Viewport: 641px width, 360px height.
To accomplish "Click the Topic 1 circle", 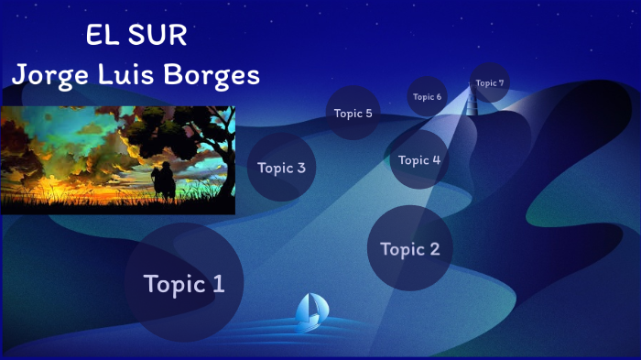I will [x=183, y=283].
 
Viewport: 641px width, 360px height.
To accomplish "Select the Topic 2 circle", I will [x=409, y=248].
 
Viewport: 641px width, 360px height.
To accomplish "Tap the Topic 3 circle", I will [x=281, y=168].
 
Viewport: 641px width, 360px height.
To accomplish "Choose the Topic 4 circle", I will [x=419, y=159].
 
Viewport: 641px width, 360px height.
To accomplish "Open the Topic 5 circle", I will [x=353, y=114].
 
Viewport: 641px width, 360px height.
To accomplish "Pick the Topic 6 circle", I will [x=427, y=96].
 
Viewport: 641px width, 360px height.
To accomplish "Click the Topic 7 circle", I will [x=489, y=82].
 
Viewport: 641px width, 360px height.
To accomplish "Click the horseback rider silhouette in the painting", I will [x=163, y=180].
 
